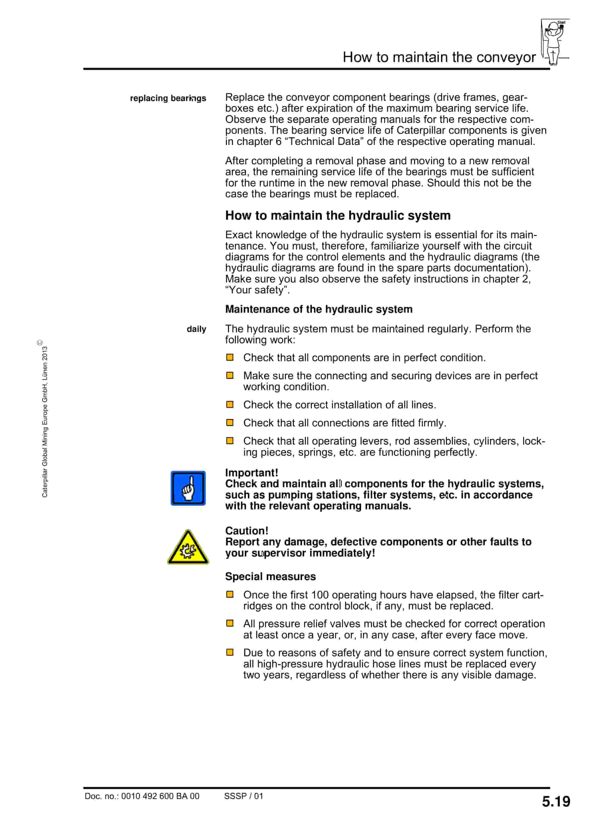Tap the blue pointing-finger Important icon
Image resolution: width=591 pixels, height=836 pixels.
[188, 488]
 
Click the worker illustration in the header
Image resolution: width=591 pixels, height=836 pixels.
[554, 42]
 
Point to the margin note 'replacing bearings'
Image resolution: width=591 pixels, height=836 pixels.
[168, 98]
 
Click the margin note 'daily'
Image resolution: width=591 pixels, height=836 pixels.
[196, 329]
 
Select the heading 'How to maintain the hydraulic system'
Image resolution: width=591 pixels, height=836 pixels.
[338, 215]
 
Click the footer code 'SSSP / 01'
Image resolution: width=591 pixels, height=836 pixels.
[243, 796]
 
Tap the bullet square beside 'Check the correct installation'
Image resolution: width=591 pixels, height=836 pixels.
[230, 405]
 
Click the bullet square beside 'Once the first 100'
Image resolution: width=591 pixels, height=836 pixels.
[230, 594]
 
